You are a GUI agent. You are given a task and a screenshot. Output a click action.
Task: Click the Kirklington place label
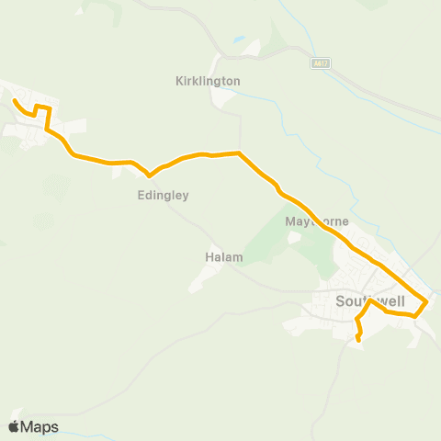click(x=208, y=81)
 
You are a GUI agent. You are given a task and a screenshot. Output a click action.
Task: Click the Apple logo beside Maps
click(x=14, y=426)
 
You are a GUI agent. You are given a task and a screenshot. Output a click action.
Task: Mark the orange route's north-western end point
click(x=14, y=100)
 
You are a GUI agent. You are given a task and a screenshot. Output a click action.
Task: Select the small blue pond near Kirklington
click(x=239, y=40)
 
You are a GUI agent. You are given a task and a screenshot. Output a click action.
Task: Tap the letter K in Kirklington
click(x=179, y=81)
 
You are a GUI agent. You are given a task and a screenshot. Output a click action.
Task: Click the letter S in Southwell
click(x=340, y=300)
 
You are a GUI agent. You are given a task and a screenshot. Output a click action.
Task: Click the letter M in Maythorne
click(x=290, y=222)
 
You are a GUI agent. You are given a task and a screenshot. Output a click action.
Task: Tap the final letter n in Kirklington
click(x=236, y=81)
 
